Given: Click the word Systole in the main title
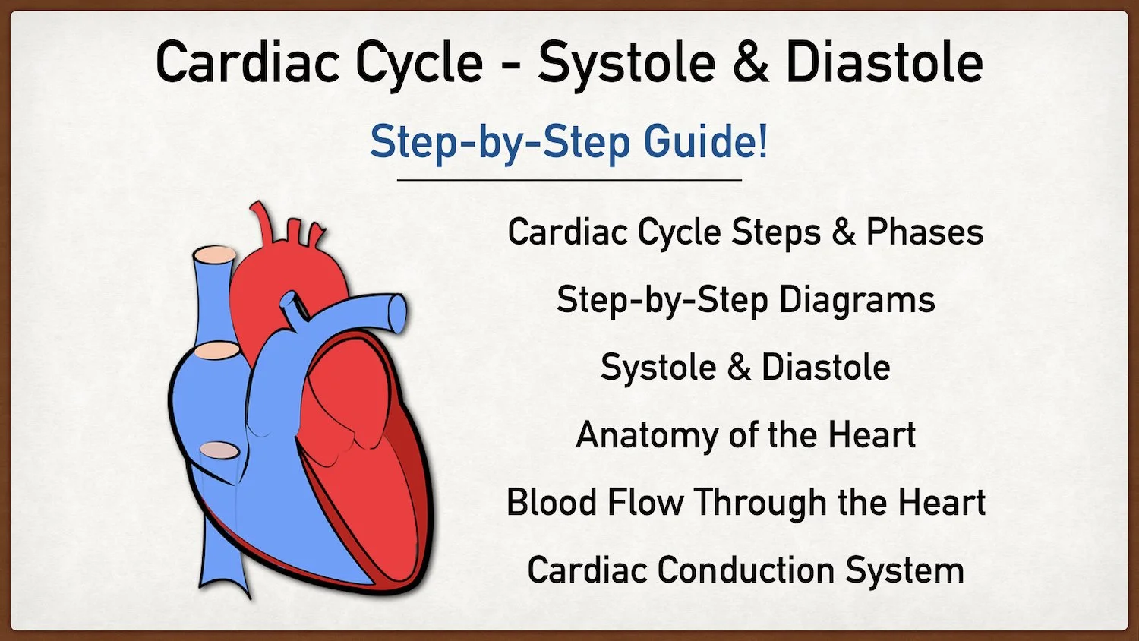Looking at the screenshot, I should click(x=626, y=62).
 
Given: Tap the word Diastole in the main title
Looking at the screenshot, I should click(x=884, y=62).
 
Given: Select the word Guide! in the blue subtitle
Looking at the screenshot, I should click(x=706, y=141).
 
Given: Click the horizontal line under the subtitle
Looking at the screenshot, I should click(x=569, y=180).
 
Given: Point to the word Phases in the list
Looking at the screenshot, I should click(x=925, y=232).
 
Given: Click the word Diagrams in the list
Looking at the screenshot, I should click(x=857, y=300).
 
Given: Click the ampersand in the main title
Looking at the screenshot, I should click(x=750, y=62).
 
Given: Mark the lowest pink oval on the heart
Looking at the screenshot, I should click(x=219, y=450).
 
